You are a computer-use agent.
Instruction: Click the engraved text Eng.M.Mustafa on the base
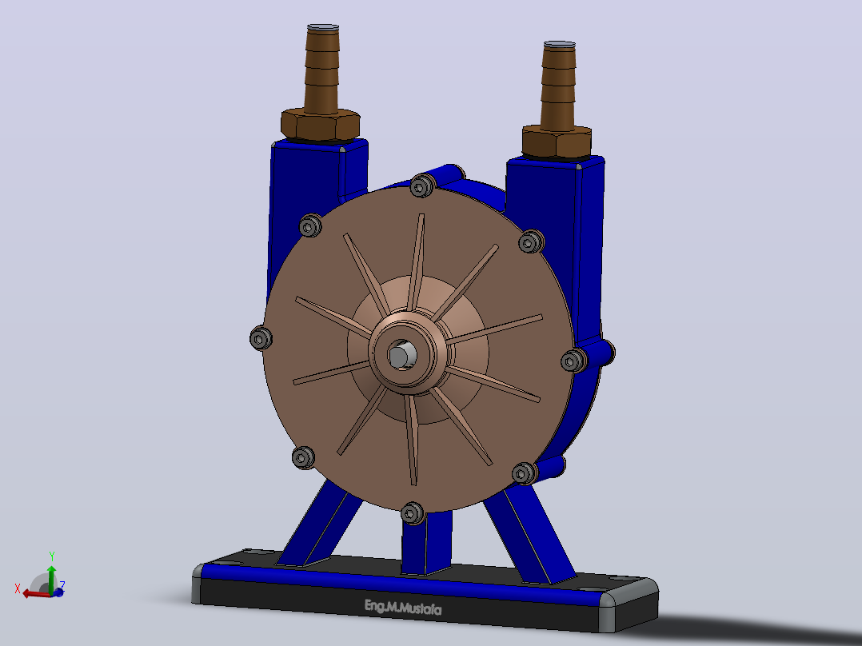click(403, 608)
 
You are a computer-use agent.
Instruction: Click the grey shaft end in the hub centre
click(400, 356)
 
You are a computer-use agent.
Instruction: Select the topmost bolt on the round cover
click(421, 185)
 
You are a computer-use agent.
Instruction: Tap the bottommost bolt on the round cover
click(412, 513)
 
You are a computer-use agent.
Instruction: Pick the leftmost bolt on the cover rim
click(261, 337)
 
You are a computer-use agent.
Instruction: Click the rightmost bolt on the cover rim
click(573, 361)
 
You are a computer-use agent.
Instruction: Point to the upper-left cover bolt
click(310, 225)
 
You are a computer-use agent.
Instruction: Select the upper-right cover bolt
click(530, 241)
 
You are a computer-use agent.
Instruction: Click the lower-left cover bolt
click(303, 457)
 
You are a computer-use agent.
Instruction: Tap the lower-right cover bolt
click(524, 473)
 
